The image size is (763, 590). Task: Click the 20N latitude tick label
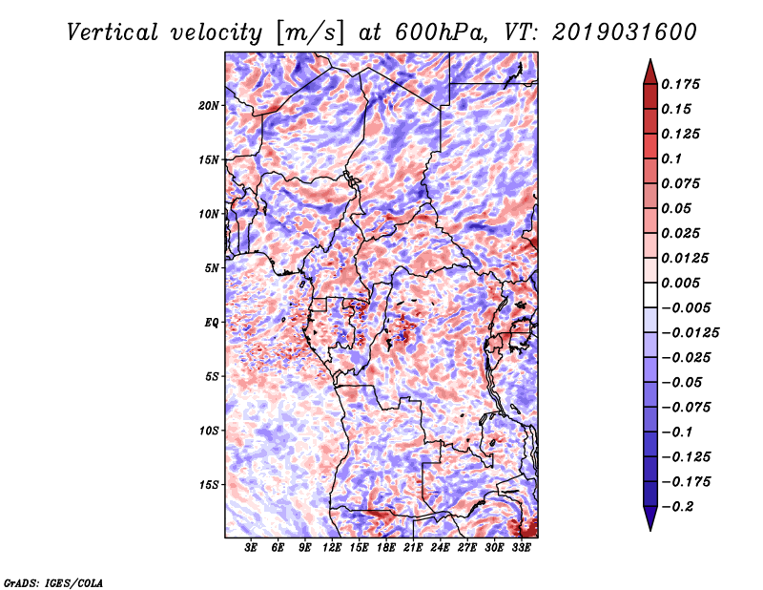coord(209,106)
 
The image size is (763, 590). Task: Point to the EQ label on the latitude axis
coord(212,323)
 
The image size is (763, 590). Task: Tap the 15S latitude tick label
coord(209,485)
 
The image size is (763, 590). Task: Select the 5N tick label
coord(212,268)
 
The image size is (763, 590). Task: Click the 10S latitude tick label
coord(209,431)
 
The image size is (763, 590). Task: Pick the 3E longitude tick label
coord(251,548)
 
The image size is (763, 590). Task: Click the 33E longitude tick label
coord(521,548)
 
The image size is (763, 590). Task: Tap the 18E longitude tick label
coord(386,548)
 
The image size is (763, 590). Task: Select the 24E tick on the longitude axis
coord(440,548)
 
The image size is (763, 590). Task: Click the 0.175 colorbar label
coord(680,84)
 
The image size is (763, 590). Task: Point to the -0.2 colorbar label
coord(677,507)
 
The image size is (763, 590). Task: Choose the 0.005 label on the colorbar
coord(680,283)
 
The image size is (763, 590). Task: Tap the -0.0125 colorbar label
coord(690,333)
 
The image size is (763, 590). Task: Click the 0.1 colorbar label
coord(671,158)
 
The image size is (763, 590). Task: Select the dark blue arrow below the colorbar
coord(650,518)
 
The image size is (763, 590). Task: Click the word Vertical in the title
coord(113,32)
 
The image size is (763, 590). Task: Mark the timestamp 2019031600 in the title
coord(625,32)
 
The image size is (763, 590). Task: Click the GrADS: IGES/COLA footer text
coord(53,582)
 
